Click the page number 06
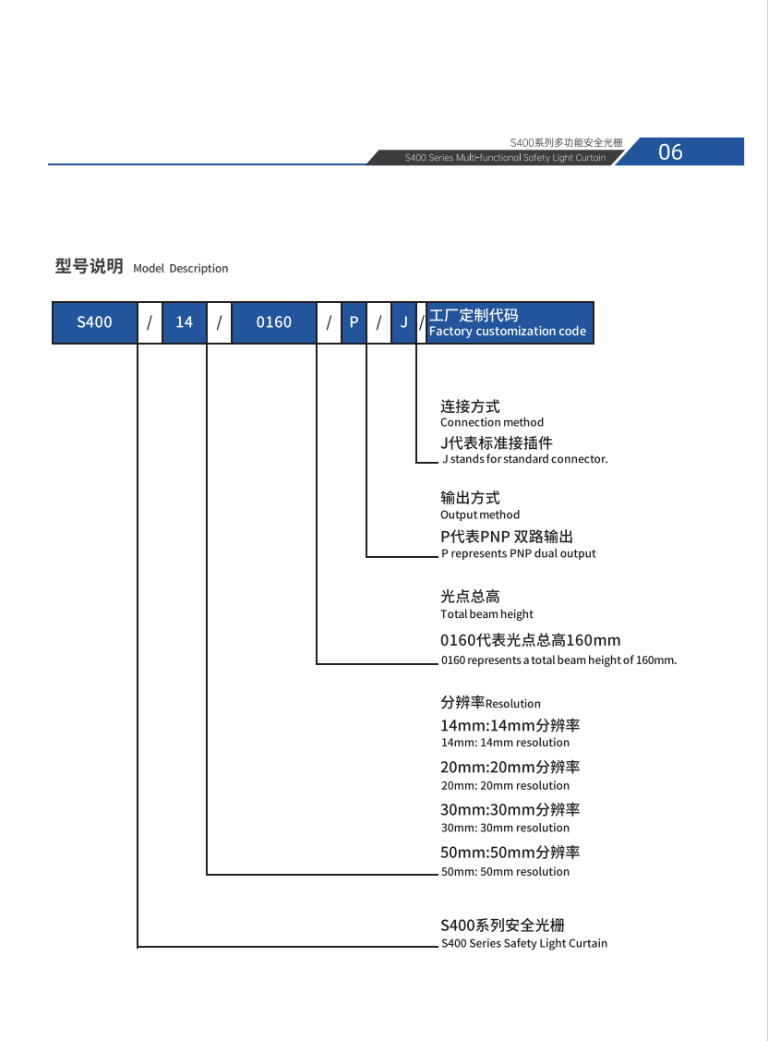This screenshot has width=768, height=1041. coord(670,152)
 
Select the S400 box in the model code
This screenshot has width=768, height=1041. coord(94,322)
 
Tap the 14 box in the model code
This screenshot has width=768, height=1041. coord(185,322)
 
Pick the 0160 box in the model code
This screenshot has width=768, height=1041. coord(273,322)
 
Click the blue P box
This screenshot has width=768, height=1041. coord(354,322)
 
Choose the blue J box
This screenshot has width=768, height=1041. coord(403,322)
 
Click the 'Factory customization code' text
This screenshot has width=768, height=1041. coord(508,332)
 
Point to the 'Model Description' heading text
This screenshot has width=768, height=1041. coord(181,269)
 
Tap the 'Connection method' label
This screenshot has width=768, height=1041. coord(492,422)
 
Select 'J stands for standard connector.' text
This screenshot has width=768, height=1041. coord(524,459)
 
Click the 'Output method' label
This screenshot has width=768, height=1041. coord(480,514)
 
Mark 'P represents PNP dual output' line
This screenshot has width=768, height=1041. coord(518,553)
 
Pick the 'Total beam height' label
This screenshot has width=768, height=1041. coord(486,614)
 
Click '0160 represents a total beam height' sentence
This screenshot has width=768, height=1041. coord(558,660)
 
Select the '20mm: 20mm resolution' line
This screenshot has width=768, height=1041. coord(505,786)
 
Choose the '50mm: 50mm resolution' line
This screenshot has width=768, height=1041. coord(505,872)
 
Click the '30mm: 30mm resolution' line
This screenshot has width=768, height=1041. coord(505,828)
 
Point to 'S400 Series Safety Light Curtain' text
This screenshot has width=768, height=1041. coord(524,943)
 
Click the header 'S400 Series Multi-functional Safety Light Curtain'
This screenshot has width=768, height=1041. coord(505,158)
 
